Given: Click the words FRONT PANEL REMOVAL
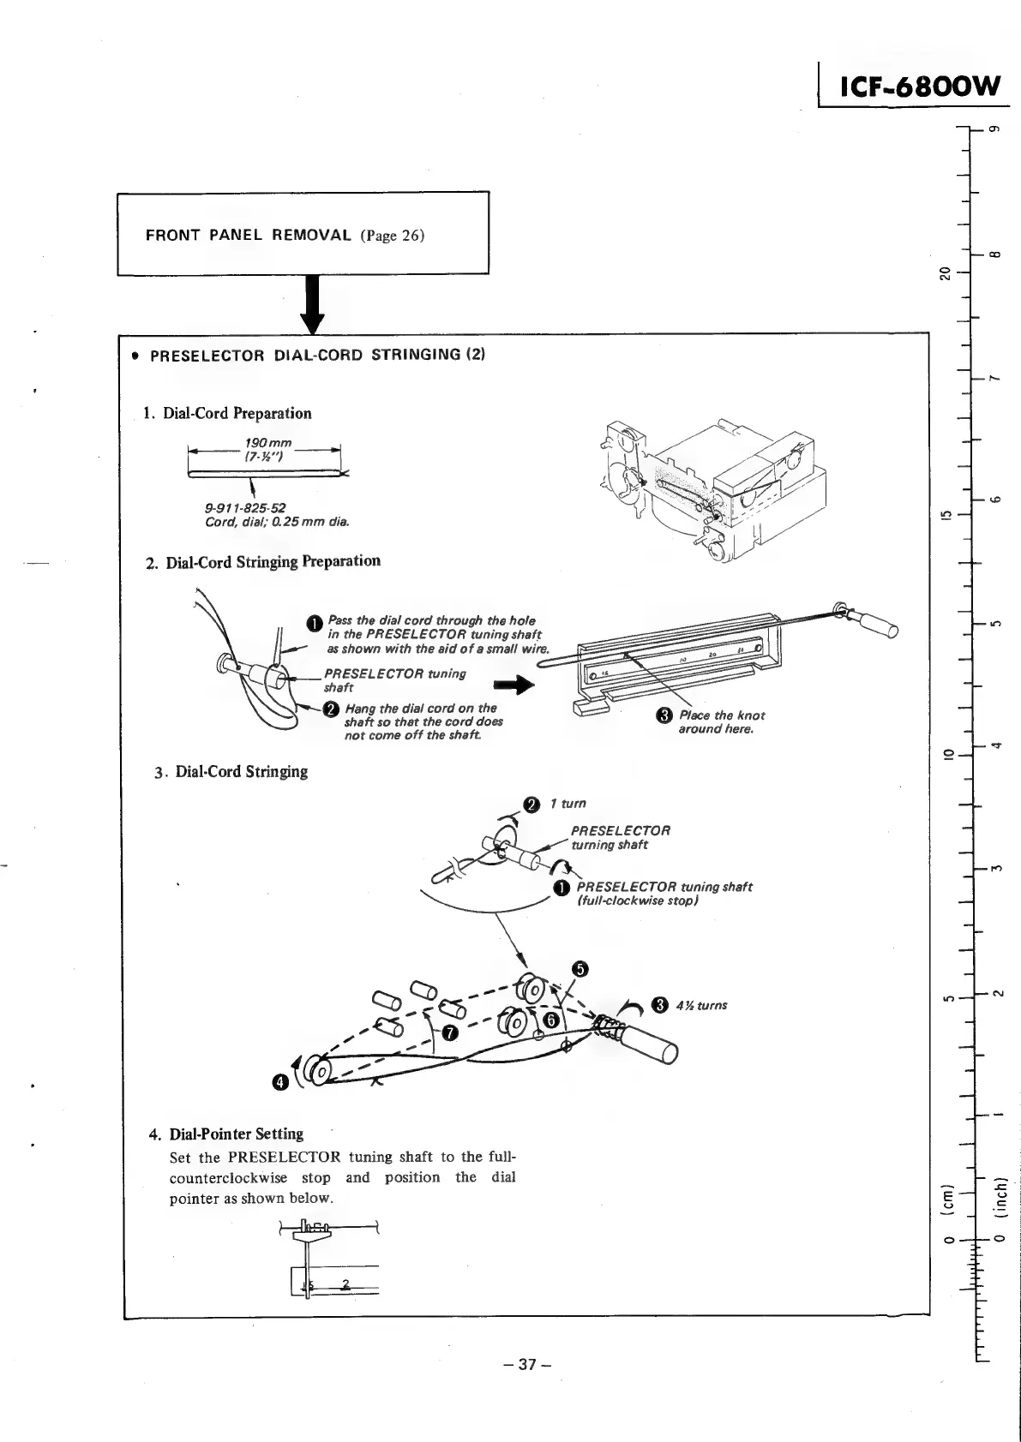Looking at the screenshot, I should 248,235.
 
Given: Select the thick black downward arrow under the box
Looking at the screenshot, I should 313,304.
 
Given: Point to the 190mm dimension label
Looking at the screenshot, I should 267,443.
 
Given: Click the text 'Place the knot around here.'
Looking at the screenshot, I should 721,722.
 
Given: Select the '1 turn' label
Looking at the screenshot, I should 568,804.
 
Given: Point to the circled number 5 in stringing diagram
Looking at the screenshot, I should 580,969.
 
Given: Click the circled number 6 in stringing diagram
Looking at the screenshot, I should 551,1019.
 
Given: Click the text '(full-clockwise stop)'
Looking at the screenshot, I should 639,901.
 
